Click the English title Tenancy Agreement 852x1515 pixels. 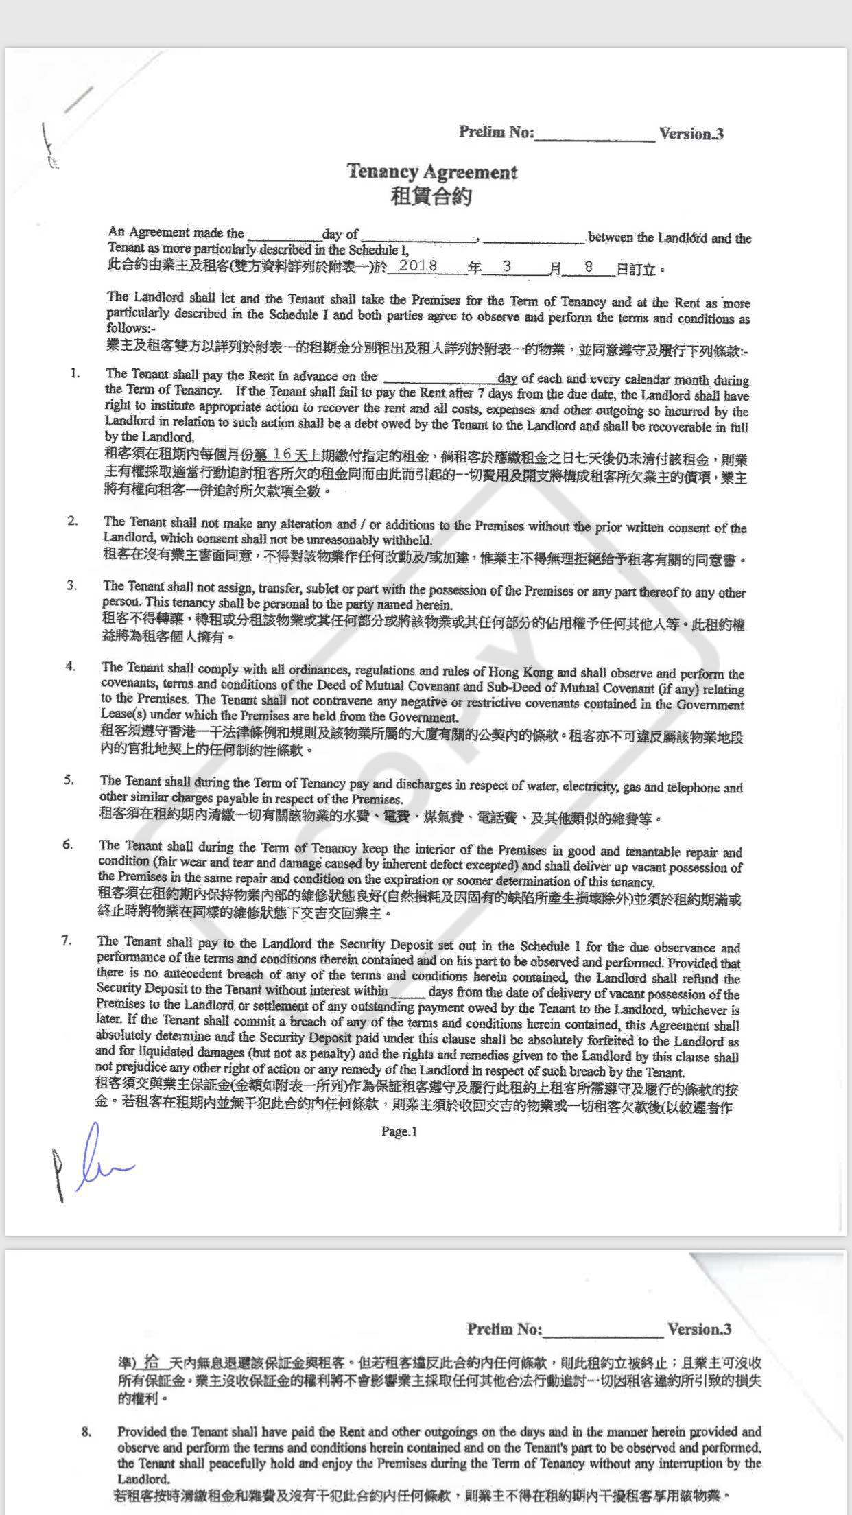tap(431, 172)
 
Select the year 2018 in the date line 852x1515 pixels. tap(418, 266)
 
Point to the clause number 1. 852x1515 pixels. tap(75, 374)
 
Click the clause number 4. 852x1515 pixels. tap(70, 666)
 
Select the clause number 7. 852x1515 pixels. tap(67, 941)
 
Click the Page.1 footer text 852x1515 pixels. tap(399, 1132)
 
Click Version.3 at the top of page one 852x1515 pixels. tap(691, 134)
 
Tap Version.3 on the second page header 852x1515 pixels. tap(699, 1329)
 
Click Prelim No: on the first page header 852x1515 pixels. tap(496, 132)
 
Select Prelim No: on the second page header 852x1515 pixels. tap(504, 1329)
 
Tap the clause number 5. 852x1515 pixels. tap(69, 780)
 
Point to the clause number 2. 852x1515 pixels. tap(72, 521)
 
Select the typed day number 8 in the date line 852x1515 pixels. tap(589, 267)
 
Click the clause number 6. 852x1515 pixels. tap(67, 845)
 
